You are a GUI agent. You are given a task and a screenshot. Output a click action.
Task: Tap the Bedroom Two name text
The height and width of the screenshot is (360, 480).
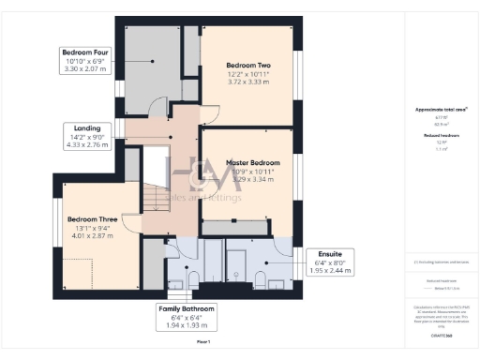click(x=247, y=65)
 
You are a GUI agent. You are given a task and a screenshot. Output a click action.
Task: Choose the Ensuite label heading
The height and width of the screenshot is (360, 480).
click(x=329, y=254)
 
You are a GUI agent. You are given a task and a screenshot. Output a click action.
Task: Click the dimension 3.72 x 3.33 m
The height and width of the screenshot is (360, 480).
click(x=247, y=82)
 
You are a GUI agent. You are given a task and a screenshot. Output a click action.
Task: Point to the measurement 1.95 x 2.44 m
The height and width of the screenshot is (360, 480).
click(x=329, y=270)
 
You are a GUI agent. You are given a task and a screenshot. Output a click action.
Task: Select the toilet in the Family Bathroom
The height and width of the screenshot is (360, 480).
click(x=192, y=279)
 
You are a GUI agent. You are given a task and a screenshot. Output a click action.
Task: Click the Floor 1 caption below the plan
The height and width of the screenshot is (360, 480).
click(x=203, y=343)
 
